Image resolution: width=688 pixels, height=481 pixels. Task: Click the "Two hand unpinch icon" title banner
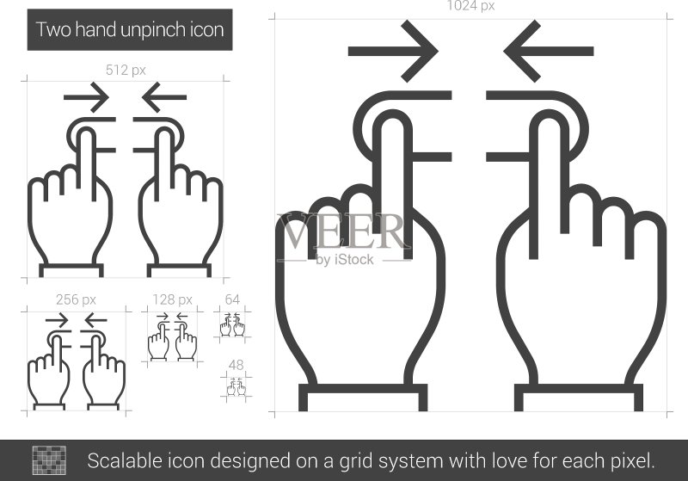pos(130,30)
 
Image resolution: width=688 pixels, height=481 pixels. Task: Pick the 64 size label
pos(232,299)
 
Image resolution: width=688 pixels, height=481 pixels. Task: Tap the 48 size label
pos(236,365)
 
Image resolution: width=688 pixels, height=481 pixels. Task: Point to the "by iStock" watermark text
pos(345,260)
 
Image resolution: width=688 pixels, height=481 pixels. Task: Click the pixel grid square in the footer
pos(49,460)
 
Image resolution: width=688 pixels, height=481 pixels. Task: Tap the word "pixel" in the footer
pos(632,461)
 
